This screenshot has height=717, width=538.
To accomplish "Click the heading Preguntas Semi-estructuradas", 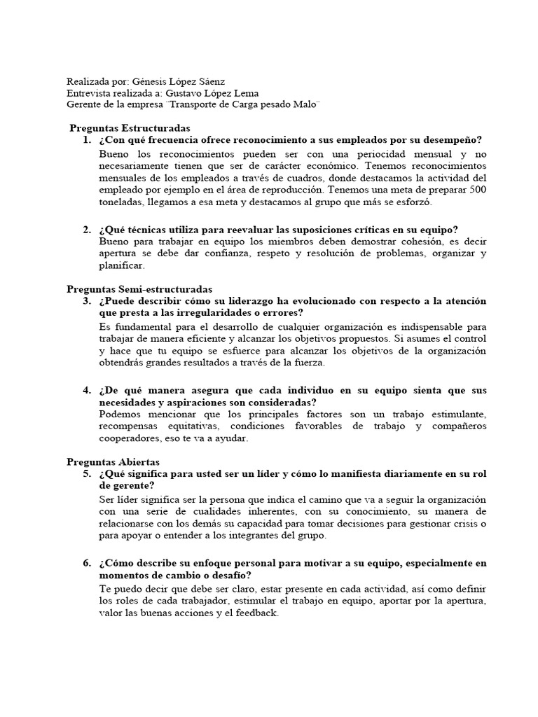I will (139, 289).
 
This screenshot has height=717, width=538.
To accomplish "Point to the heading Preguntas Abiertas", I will (113, 462).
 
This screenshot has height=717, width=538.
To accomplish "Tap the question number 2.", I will (86, 230).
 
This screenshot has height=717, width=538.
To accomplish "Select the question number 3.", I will (86, 301).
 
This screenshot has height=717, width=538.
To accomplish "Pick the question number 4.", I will (86, 390).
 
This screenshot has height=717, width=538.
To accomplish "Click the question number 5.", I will (86, 474).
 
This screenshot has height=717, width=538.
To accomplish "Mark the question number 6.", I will (86, 563).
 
